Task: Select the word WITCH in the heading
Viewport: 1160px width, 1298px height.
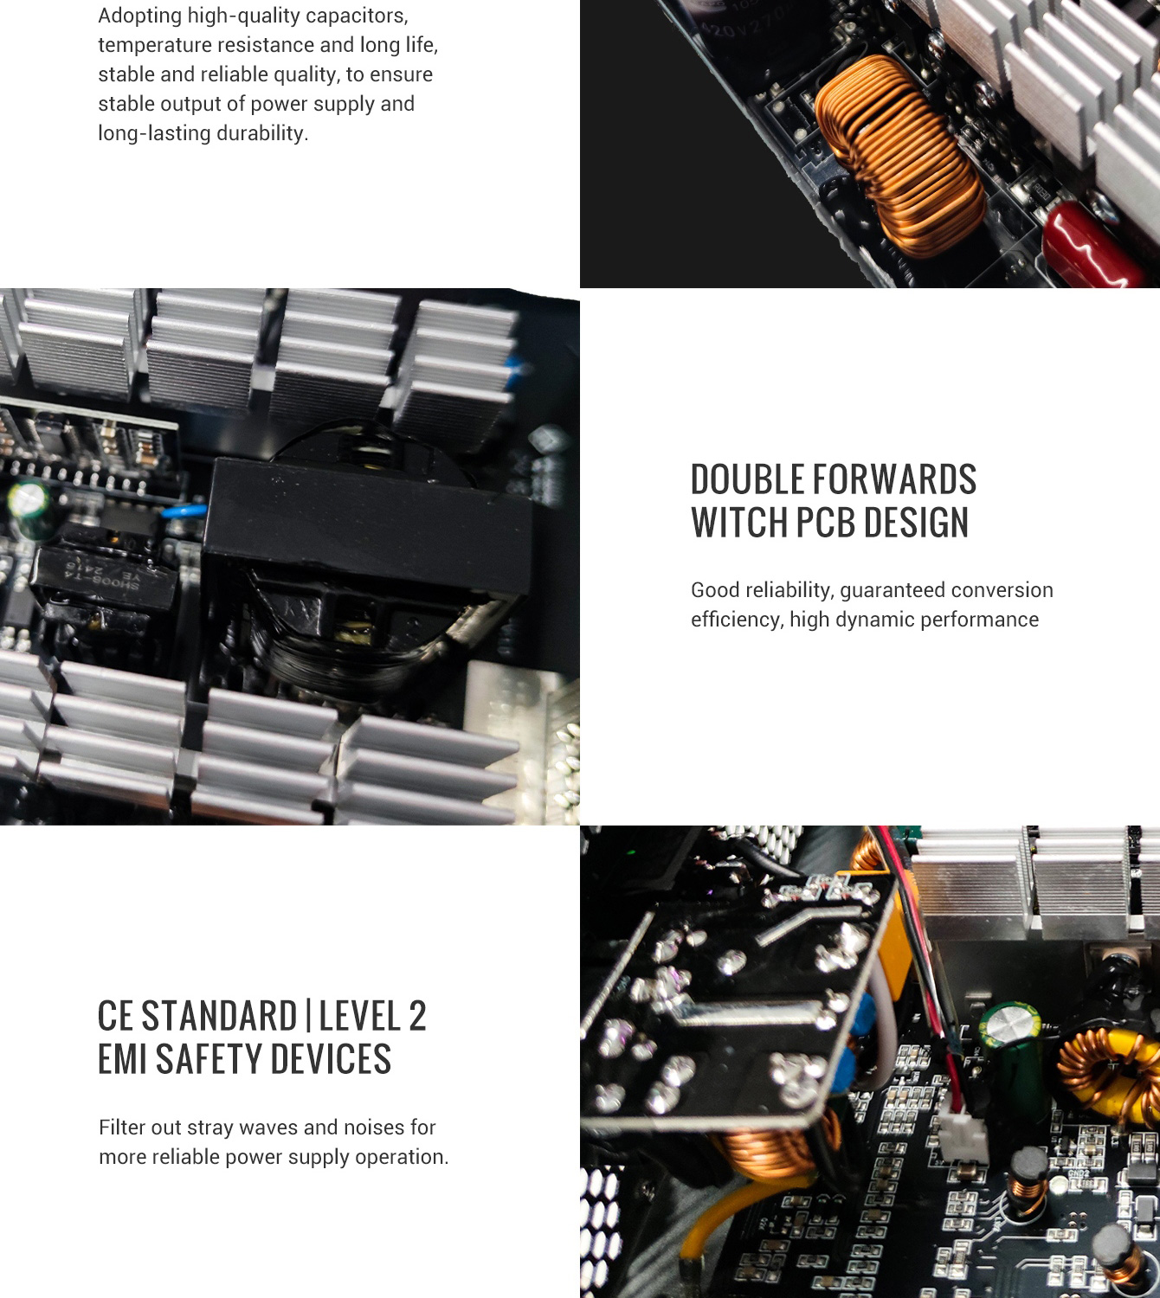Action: click(x=739, y=522)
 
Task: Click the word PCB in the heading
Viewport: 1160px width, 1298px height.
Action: click(x=826, y=522)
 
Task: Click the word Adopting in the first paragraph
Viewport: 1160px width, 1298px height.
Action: click(x=139, y=16)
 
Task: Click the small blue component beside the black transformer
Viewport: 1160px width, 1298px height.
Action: click(x=184, y=511)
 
